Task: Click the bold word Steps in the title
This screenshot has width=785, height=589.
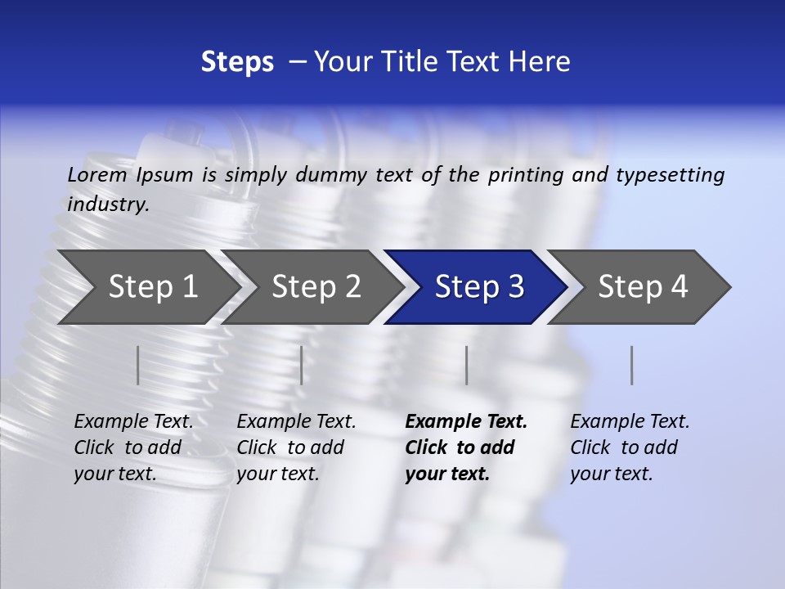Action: click(x=237, y=62)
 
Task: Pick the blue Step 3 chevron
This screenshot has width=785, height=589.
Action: click(x=479, y=287)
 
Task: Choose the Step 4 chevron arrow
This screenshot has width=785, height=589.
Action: click(x=643, y=287)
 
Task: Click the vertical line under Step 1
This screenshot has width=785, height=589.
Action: click(x=138, y=365)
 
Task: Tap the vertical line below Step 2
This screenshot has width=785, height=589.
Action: click(x=302, y=365)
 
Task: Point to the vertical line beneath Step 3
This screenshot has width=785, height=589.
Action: click(x=467, y=365)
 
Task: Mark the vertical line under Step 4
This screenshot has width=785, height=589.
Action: click(x=632, y=365)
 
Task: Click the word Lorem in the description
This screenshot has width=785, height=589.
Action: click(x=97, y=175)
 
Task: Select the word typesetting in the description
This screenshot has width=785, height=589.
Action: click(x=670, y=175)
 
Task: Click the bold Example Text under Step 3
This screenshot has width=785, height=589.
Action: click(x=466, y=422)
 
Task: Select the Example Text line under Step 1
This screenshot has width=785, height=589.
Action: click(x=133, y=422)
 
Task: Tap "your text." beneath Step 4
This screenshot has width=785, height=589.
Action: click(x=612, y=474)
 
